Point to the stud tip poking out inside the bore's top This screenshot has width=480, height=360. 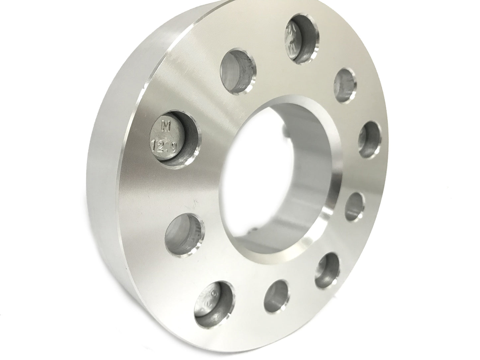285,131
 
